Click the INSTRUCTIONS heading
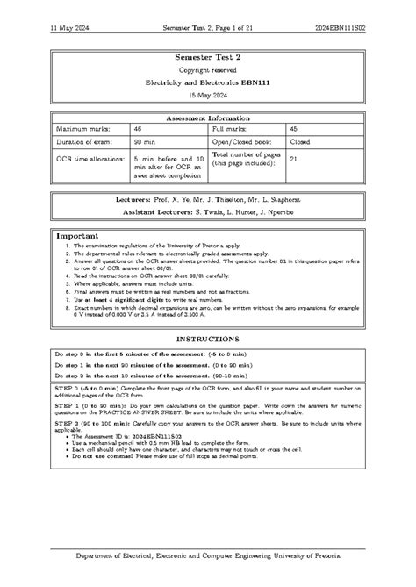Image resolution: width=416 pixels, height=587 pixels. (x=207, y=338)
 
